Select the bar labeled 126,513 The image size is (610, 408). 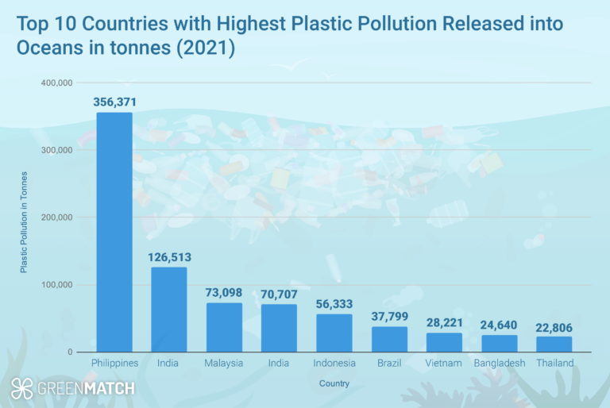[x=169, y=310]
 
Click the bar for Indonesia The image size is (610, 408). [x=334, y=333]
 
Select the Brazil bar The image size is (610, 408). [x=389, y=339]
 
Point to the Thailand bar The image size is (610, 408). [x=554, y=344]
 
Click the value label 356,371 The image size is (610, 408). [x=114, y=102]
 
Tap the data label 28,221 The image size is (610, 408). [x=444, y=323]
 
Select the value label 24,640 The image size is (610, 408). [x=499, y=325]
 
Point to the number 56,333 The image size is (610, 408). [x=334, y=304]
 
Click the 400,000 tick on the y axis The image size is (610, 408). [x=57, y=83]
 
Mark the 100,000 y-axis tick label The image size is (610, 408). [x=57, y=285]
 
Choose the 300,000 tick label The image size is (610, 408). [x=57, y=150]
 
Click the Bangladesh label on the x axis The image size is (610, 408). [x=499, y=363]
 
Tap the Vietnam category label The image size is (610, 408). [x=444, y=363]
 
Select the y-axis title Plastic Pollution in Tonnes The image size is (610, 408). [x=24, y=221]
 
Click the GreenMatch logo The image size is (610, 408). [x=72, y=388]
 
